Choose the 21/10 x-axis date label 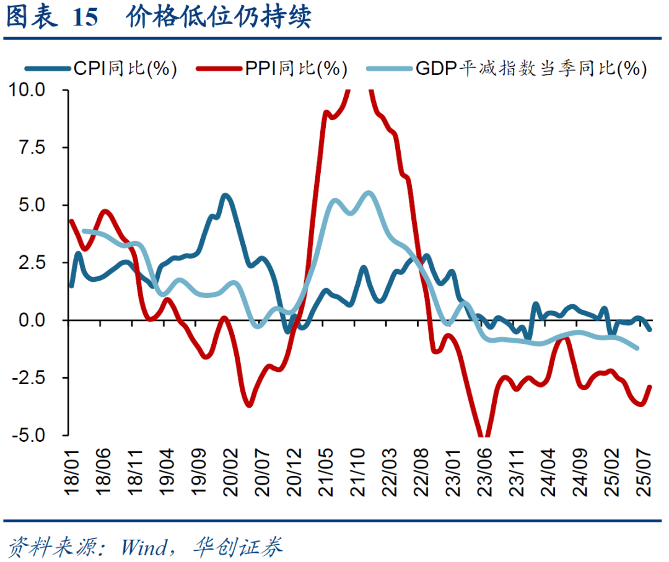361,474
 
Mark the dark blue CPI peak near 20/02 225,196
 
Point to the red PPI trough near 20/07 249,406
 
